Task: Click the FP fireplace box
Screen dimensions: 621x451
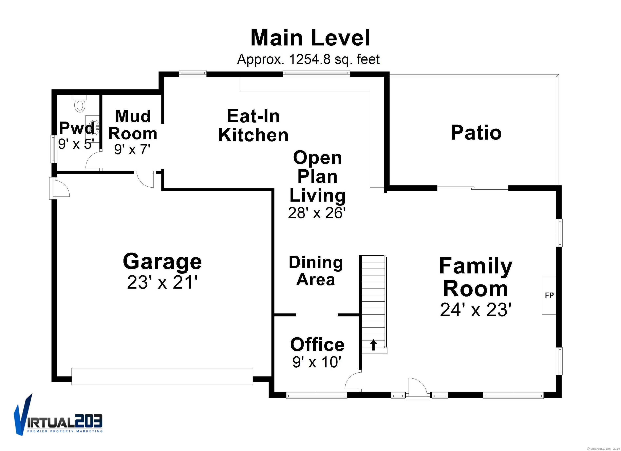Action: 549,295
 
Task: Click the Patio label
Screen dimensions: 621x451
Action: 476,133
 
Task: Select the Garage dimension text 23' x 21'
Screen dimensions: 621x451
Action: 162,282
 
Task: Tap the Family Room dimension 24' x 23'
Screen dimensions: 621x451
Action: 476,310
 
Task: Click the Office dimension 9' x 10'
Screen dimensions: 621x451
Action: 317,362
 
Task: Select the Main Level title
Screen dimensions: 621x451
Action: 310,38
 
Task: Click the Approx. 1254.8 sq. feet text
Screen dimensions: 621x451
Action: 308,59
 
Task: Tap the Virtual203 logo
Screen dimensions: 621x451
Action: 58,419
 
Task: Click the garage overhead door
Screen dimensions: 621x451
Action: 162,376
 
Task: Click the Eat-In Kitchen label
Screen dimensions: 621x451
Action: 253,126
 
